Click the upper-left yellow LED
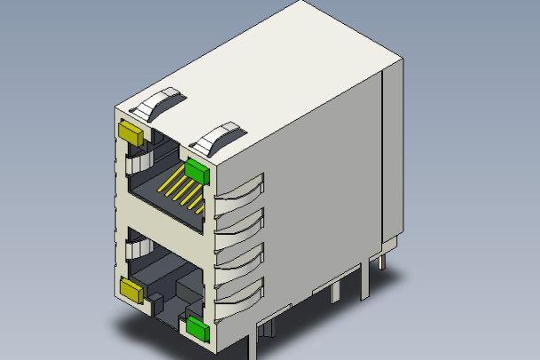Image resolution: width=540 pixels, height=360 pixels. [130, 133]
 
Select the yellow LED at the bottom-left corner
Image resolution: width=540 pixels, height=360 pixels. [132, 289]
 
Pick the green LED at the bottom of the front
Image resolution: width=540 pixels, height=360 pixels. [196, 330]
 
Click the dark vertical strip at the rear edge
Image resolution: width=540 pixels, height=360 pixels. [384, 160]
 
